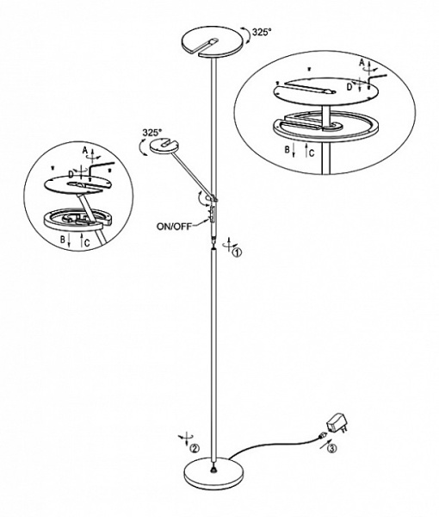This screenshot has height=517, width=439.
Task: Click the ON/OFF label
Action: [x=174, y=227]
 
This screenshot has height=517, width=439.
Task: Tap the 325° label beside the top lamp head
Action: [x=262, y=32]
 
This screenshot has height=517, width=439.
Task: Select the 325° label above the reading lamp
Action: [x=152, y=133]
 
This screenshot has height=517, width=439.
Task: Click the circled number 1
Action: [x=237, y=252]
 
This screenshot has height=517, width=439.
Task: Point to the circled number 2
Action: [x=195, y=448]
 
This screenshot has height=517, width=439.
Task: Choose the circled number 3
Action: [x=332, y=448]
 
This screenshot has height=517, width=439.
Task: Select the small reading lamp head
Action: [x=164, y=146]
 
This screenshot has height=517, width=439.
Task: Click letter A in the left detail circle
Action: [x=85, y=151]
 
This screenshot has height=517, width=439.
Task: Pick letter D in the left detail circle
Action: [x=71, y=173]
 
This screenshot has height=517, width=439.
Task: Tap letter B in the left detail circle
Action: [x=62, y=240]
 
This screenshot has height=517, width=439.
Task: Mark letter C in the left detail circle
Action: [x=87, y=243]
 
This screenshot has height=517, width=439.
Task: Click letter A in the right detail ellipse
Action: [x=362, y=62]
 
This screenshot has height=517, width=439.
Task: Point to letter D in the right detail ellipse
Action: [x=349, y=87]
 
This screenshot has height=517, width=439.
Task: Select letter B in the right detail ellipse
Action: [x=288, y=150]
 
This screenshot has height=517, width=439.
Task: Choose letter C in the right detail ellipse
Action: [x=312, y=153]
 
